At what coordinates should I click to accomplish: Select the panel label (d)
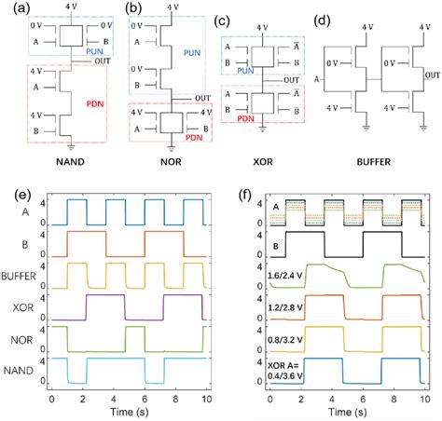(x=323, y=21)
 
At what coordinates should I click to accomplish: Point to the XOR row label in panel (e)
(x=35, y=307)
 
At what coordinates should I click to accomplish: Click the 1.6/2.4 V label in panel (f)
(x=285, y=277)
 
